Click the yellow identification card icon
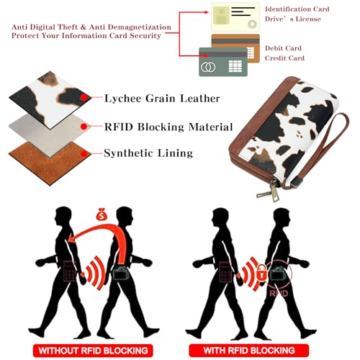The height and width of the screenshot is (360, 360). (x=235, y=17)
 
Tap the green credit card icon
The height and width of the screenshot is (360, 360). (x=223, y=62)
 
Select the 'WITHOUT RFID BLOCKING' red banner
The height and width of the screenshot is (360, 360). (x=93, y=351)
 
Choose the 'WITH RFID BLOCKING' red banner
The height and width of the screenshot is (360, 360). (x=249, y=351)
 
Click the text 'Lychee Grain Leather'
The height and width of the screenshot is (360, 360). (x=162, y=99)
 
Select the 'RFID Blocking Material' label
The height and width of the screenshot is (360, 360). (x=168, y=127)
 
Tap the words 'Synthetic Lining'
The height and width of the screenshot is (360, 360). (x=148, y=153)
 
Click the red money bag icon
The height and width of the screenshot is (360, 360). (x=102, y=215)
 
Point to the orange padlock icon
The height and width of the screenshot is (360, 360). (x=262, y=272)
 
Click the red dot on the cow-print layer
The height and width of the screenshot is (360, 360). (x=84, y=97)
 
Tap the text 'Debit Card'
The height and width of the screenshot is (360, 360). (x=283, y=48)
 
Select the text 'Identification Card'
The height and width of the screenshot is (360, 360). (x=297, y=9)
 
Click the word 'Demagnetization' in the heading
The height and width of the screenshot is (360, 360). (x=140, y=27)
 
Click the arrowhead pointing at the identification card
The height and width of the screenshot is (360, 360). (x=206, y=12)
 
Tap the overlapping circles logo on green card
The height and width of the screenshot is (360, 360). (x=208, y=67)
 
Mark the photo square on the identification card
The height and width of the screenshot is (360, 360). (x=221, y=15)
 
